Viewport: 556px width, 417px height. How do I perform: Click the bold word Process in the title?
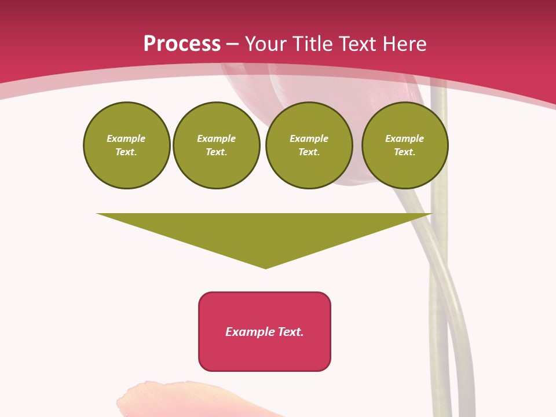tap(182, 44)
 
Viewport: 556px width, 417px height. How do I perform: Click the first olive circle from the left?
tap(127, 145)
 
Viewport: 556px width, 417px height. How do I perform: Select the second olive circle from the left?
tap(217, 145)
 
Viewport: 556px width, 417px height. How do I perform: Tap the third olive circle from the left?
tap(309, 145)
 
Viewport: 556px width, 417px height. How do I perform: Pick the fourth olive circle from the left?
tap(405, 145)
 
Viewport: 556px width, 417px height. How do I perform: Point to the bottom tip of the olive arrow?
tap(266, 268)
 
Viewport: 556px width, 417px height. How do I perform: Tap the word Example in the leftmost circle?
tap(126, 138)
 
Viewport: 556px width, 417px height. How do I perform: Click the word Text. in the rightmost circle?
tap(405, 152)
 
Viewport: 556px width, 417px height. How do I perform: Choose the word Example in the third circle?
tap(309, 138)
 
